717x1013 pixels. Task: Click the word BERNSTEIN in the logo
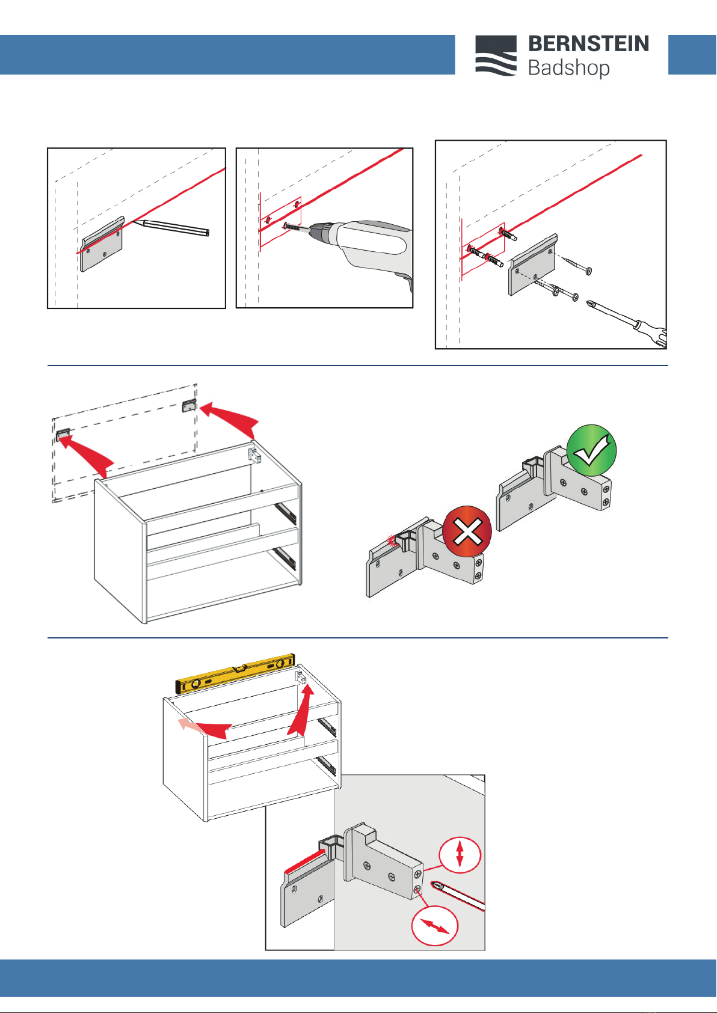(588, 44)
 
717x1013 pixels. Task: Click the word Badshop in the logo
(568, 68)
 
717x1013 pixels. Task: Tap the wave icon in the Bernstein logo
(496, 55)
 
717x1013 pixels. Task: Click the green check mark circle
(591, 450)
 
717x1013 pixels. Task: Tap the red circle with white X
(467, 531)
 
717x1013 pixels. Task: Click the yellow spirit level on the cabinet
(235, 674)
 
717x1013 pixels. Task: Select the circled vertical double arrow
(460, 854)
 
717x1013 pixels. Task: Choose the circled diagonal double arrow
(435, 926)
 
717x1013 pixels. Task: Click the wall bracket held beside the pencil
(103, 245)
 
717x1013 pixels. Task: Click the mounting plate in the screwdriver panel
(532, 264)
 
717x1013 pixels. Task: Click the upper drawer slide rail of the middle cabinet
(286, 512)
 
